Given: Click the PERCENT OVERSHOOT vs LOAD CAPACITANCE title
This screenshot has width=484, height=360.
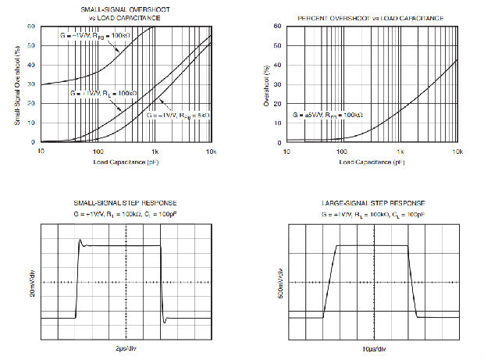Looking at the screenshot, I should (x=372, y=17).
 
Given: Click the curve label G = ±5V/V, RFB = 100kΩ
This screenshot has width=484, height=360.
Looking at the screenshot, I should (x=329, y=115).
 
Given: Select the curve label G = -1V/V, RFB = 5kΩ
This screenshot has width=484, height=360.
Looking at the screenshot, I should (x=179, y=115).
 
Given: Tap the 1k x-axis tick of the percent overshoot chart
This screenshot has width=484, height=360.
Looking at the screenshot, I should (x=400, y=149).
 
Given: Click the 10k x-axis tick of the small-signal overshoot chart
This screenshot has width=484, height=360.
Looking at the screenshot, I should (x=210, y=149).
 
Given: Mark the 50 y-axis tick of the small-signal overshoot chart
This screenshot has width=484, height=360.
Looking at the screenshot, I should (x=31, y=45).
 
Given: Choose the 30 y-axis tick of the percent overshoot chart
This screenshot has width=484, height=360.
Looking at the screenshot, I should (x=279, y=84).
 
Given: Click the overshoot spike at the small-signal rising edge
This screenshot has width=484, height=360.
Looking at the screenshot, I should (x=80, y=242).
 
